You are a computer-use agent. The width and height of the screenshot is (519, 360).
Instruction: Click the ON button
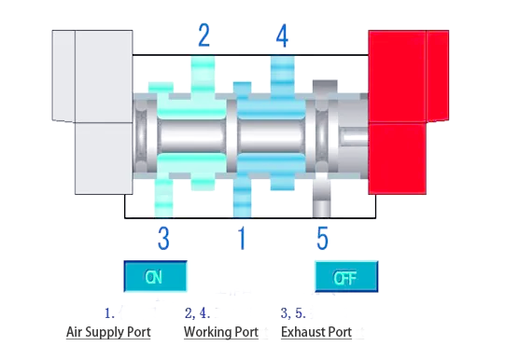tap(156, 277)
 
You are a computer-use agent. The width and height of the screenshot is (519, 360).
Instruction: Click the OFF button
tap(345, 277)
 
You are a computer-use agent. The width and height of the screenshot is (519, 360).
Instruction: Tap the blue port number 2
tap(203, 36)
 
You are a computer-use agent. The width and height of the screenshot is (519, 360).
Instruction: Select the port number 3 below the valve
tap(163, 239)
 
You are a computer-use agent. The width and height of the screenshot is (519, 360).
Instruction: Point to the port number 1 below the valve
tap(242, 239)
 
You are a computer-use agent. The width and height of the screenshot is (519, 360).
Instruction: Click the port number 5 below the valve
tap(322, 239)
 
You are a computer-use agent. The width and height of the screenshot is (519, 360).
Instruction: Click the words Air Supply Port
tap(108, 332)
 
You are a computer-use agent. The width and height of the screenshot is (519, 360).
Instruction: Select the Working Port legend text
tap(220, 332)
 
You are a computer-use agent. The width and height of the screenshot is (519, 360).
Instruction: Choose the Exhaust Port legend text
tap(316, 332)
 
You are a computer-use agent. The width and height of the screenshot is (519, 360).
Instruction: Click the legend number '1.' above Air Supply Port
tap(108, 313)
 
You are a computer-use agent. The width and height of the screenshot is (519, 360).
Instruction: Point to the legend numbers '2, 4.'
tap(197, 313)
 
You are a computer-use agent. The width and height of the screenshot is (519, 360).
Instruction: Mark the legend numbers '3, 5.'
tap(293, 313)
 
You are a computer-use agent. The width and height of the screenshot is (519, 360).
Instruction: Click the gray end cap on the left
tap(91, 112)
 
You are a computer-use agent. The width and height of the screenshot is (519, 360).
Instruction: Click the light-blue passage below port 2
tap(203, 75)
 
